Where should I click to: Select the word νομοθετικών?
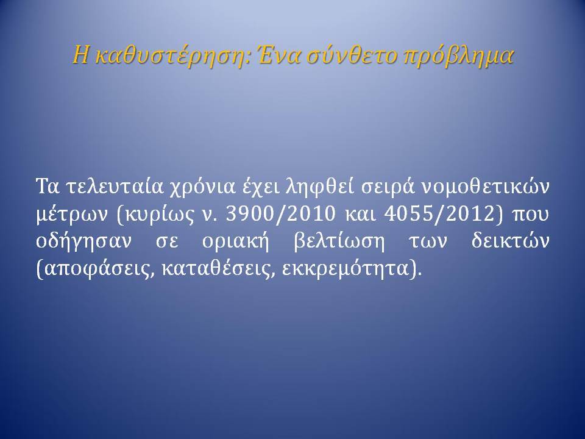click(486, 187)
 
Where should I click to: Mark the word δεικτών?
click(511, 241)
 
